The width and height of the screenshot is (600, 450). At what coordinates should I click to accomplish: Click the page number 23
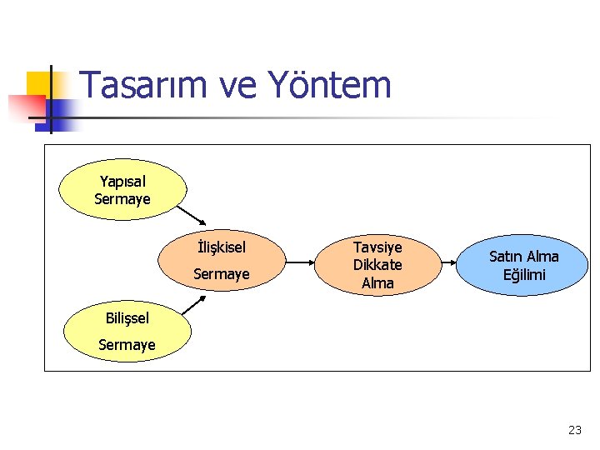[x=574, y=430]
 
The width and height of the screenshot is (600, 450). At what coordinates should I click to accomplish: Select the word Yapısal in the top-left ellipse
[x=122, y=182]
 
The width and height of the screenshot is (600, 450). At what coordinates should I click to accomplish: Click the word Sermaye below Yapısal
[x=122, y=199]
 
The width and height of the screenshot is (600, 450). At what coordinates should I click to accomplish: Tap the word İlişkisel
[x=222, y=247]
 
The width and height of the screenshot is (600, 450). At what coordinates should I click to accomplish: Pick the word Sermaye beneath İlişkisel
[x=222, y=274]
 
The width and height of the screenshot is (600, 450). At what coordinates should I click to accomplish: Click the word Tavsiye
[x=377, y=247]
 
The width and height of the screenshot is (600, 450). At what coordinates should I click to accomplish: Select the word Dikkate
[x=377, y=265]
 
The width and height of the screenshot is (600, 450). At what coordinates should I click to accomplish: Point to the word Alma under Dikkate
[x=377, y=282]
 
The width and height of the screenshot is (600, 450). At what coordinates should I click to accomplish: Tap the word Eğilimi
[x=524, y=275]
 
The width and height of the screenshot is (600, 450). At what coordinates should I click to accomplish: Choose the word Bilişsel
[x=127, y=317]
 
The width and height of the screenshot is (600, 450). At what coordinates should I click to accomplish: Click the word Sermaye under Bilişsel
[x=127, y=344]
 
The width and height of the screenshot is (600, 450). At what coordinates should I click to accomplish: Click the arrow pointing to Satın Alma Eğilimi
[x=442, y=265]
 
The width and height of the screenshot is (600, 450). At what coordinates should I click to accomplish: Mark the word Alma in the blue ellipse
[x=542, y=257]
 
